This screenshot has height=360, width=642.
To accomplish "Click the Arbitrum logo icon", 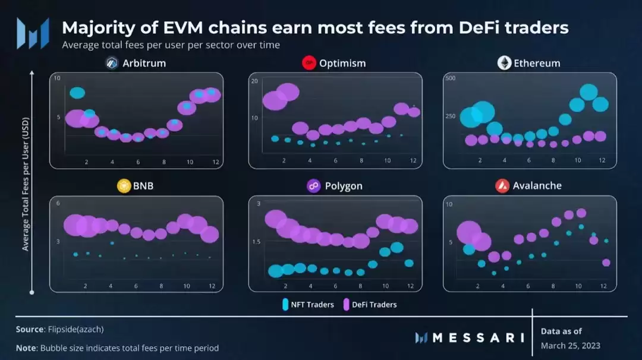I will click(111, 63).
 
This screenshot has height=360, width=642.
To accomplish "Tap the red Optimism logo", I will click(309, 63).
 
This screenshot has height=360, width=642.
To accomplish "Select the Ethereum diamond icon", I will click(505, 63).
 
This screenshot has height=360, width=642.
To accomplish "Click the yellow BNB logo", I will click(124, 186).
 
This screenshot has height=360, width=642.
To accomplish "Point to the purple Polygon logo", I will click(314, 186).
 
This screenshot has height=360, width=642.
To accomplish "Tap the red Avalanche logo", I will click(502, 186).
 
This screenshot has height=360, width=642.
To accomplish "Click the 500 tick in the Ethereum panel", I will click(449, 79).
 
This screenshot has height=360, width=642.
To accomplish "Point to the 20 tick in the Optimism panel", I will click(254, 81).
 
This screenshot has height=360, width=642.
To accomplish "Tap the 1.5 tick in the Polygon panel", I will click(256, 242).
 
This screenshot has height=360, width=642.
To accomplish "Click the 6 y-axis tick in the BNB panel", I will click(58, 204).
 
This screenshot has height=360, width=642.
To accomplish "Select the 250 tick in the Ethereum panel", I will click(449, 116).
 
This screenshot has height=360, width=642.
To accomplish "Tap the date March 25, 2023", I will click(571, 346).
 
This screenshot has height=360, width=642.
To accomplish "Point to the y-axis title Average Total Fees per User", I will click(26, 184).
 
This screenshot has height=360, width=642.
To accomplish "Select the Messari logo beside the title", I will click(33, 33).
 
